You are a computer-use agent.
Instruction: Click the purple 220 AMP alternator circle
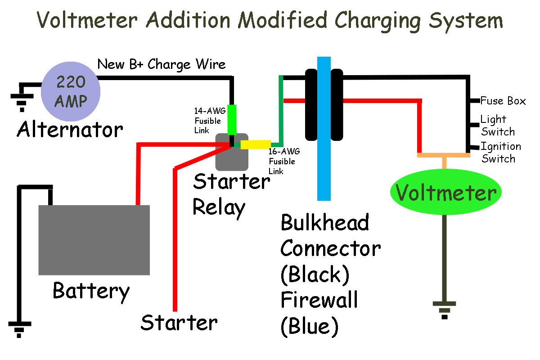[x=71, y=89]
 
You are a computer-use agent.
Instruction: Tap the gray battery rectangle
[x=94, y=240]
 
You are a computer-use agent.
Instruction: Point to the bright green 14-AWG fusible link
[x=232, y=119]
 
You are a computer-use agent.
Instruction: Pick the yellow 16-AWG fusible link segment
[x=256, y=144]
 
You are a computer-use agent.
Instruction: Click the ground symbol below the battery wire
[x=19, y=329]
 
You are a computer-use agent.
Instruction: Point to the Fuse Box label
[x=503, y=101]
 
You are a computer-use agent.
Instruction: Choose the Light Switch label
[x=497, y=126]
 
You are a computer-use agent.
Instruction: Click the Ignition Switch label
[x=500, y=153]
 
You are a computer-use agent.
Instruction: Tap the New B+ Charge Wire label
[x=162, y=65]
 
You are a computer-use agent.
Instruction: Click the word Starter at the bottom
[x=179, y=323]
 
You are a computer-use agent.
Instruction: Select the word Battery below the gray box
[x=91, y=291]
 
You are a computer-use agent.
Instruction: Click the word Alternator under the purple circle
[x=70, y=130]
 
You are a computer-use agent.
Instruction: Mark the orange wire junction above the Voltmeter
[x=444, y=156]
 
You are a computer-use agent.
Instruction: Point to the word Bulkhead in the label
[x=325, y=223]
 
